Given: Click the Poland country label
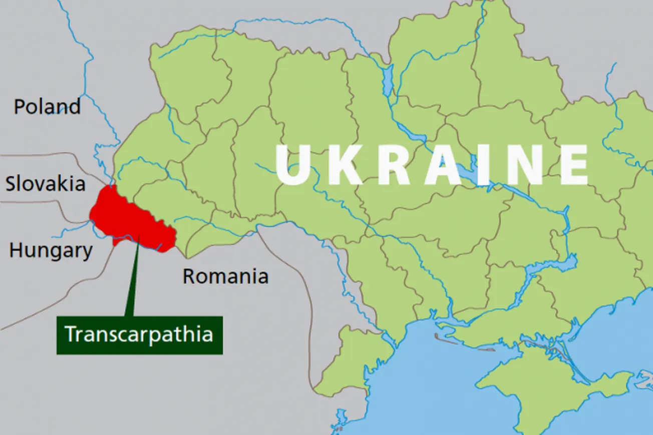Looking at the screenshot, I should coord(47,107).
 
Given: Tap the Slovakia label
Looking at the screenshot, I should coord(46,184).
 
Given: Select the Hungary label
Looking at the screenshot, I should coord(51,250).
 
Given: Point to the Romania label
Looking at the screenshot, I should coord(225,276).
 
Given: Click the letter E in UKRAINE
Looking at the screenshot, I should coord(574,165).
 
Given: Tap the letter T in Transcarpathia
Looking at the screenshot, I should coord(71,334).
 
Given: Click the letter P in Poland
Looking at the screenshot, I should coord(20,107).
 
